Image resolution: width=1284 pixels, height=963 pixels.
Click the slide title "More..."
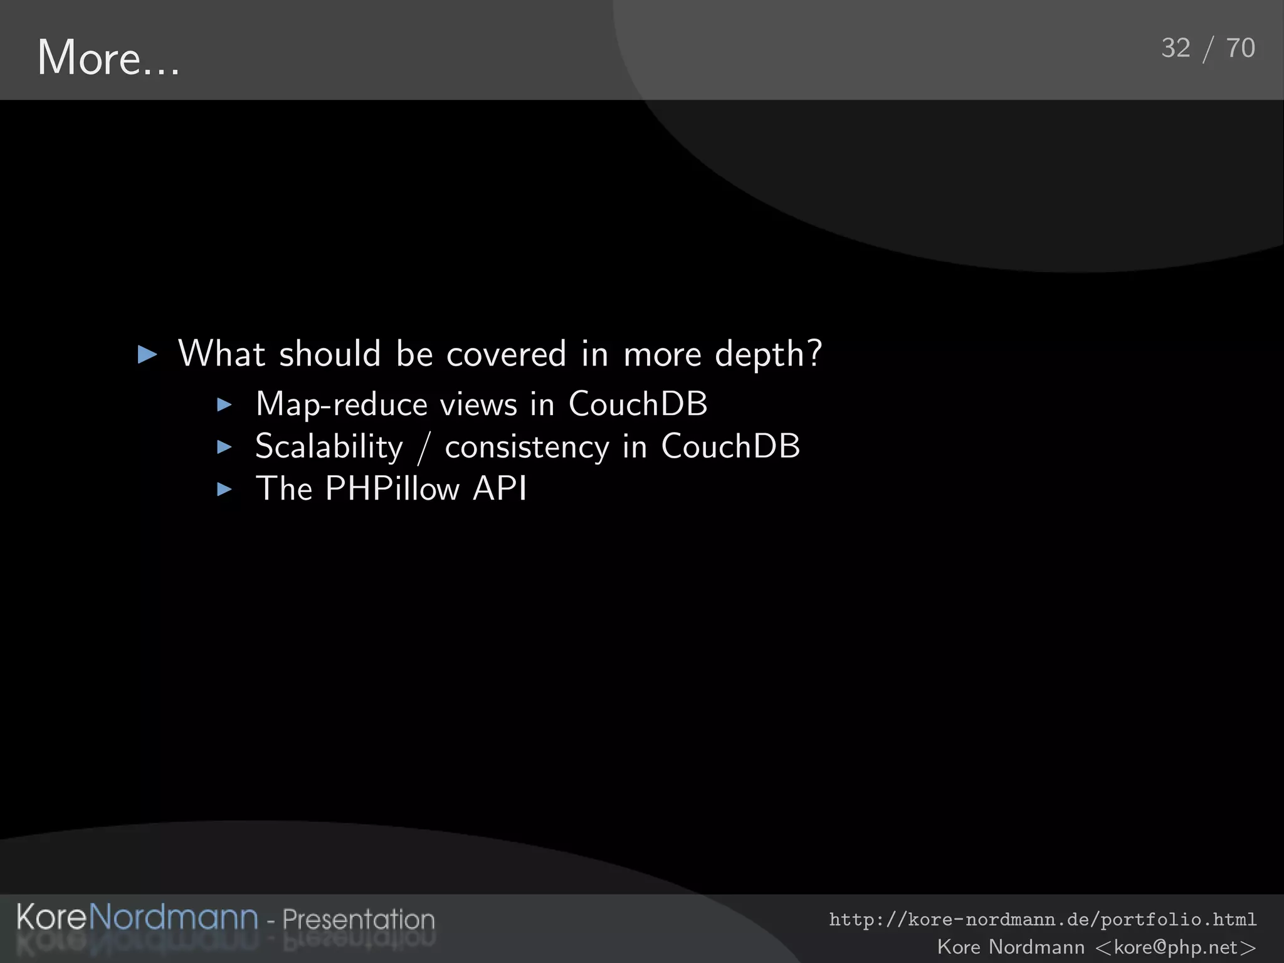108,58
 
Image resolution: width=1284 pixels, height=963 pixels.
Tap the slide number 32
1176,48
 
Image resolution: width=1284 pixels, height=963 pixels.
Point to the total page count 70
1240,48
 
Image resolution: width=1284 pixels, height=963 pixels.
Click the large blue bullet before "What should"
147,355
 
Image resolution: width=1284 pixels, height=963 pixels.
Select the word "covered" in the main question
506,354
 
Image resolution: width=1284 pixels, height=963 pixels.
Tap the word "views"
478,404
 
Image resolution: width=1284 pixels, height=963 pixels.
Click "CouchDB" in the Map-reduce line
638,404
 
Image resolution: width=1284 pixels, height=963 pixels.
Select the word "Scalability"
329,448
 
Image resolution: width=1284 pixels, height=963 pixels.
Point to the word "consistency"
527,448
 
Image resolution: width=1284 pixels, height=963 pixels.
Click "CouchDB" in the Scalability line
730,446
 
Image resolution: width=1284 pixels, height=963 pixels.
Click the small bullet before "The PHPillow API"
224,490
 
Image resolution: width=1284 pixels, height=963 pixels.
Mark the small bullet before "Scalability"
224,447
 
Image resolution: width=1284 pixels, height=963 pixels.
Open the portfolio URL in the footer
1043,920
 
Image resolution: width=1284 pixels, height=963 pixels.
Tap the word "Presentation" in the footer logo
359,919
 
